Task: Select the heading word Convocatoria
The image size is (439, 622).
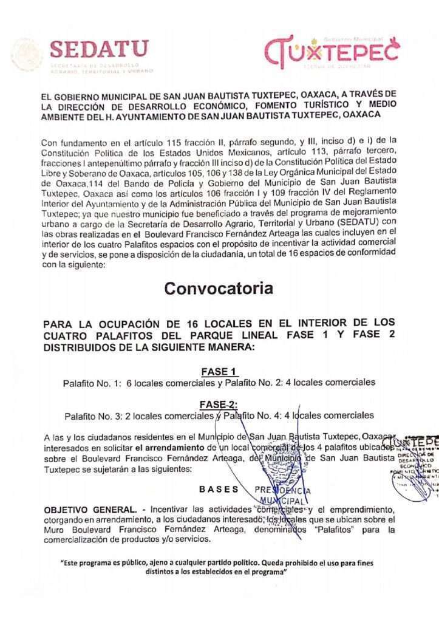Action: (219, 289)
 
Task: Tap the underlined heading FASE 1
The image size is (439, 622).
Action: (219, 372)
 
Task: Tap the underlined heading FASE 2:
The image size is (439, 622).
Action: (219, 405)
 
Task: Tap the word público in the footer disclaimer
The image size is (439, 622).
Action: (143, 563)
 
